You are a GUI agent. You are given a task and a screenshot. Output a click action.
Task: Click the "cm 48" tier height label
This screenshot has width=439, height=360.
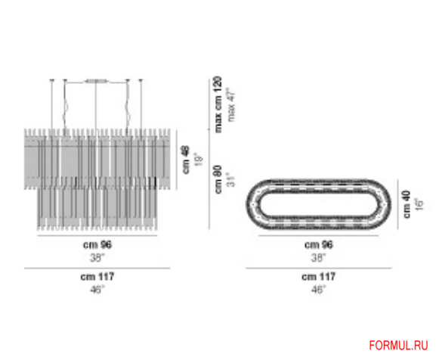pyautogui.click(x=184, y=160)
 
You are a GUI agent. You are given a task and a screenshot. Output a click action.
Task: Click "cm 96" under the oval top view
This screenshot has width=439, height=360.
pyautogui.click(x=319, y=245)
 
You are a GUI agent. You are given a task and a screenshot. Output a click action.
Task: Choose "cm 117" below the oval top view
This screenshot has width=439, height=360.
pyautogui.click(x=319, y=278)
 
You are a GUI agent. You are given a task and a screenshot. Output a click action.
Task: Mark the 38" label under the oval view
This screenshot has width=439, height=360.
pyautogui.click(x=319, y=256)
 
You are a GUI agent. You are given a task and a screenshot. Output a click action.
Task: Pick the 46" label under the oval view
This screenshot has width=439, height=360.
pyautogui.click(x=319, y=288)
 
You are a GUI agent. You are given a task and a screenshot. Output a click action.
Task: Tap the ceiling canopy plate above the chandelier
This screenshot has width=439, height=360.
pyautogui.click(x=96, y=80)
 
